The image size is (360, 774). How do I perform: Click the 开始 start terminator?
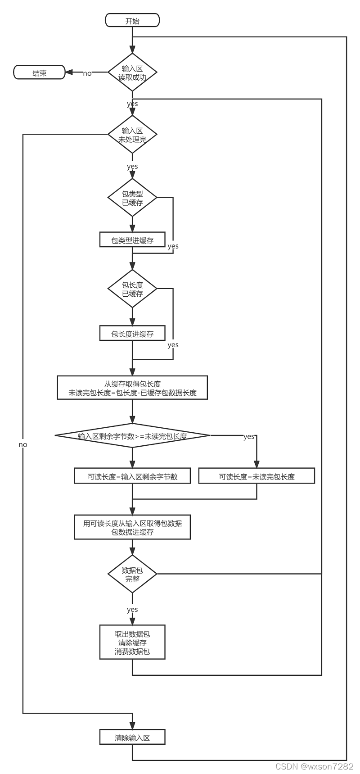coord(132,21)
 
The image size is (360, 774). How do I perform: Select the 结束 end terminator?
coord(40,72)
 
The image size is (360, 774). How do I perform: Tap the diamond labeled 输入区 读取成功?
coord(132,72)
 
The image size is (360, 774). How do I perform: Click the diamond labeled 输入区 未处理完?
coord(132,135)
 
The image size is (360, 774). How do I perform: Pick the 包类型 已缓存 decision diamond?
coord(132,198)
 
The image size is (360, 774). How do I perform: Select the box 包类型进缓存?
coord(132,240)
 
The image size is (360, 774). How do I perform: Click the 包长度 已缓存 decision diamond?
coord(132,289)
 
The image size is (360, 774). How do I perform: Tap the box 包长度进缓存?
coord(132,334)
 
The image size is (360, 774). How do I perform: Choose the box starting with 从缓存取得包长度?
coord(132,388)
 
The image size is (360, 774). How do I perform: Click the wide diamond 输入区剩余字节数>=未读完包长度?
coord(132,435)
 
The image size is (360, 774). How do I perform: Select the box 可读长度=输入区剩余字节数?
coord(132,476)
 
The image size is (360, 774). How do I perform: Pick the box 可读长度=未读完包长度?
coord(256,476)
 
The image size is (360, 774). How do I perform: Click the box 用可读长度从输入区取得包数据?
coord(132,527)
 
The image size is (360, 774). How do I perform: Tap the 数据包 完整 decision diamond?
coord(132,574)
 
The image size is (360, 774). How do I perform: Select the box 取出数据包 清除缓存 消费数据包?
coord(132,642)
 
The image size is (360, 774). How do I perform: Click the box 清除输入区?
coord(132,738)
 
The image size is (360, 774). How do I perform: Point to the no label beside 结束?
coord(87,73)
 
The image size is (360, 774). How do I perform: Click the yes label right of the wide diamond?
coord(248,436)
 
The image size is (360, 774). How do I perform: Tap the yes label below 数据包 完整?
coord(132,609)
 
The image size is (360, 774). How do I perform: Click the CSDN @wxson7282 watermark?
coord(314,766)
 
